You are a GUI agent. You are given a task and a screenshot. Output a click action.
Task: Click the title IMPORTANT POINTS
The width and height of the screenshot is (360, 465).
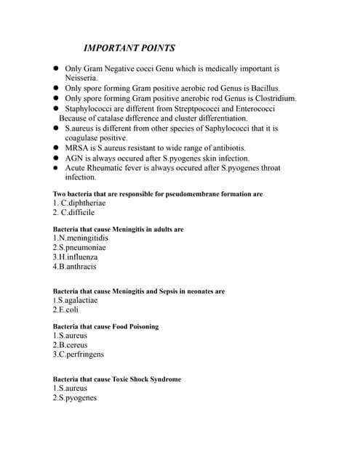pos(129,49)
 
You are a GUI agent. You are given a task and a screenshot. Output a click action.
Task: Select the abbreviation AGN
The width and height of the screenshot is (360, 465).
pos(75,158)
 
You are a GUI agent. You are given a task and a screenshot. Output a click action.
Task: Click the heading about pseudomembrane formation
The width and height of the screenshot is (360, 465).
pos(158,194)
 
